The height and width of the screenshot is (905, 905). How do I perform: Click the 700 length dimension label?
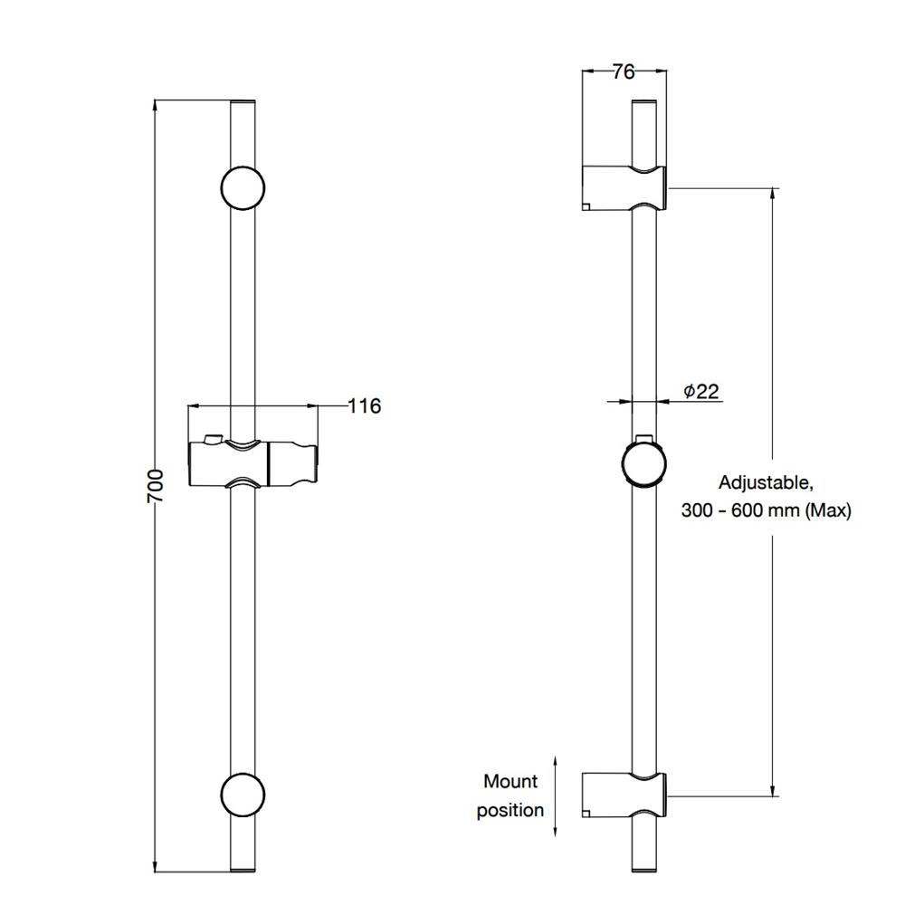(x=156, y=485)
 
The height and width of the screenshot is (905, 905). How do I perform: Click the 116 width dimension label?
(x=365, y=405)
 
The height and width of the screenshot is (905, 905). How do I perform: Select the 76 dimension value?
(x=624, y=71)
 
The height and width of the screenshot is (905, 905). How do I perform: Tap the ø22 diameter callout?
(x=701, y=391)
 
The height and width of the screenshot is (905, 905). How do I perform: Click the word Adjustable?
(x=766, y=482)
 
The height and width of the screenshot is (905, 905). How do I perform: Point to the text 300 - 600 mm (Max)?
(x=766, y=510)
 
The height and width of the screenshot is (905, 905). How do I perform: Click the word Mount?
(x=510, y=782)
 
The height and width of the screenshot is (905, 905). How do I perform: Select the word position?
(x=510, y=810)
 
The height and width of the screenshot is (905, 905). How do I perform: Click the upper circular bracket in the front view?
(x=243, y=187)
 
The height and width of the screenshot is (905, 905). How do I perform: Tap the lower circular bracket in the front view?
(x=243, y=795)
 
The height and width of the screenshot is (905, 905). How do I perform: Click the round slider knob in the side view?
(x=643, y=464)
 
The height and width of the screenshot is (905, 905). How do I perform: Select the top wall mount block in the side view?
(x=625, y=187)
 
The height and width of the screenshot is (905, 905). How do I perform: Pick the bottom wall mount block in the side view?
(x=625, y=795)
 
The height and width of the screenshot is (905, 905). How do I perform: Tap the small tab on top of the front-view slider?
(x=213, y=439)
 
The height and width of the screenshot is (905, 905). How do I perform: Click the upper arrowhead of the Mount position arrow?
(x=556, y=762)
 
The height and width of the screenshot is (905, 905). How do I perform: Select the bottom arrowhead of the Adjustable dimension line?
(x=772, y=790)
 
